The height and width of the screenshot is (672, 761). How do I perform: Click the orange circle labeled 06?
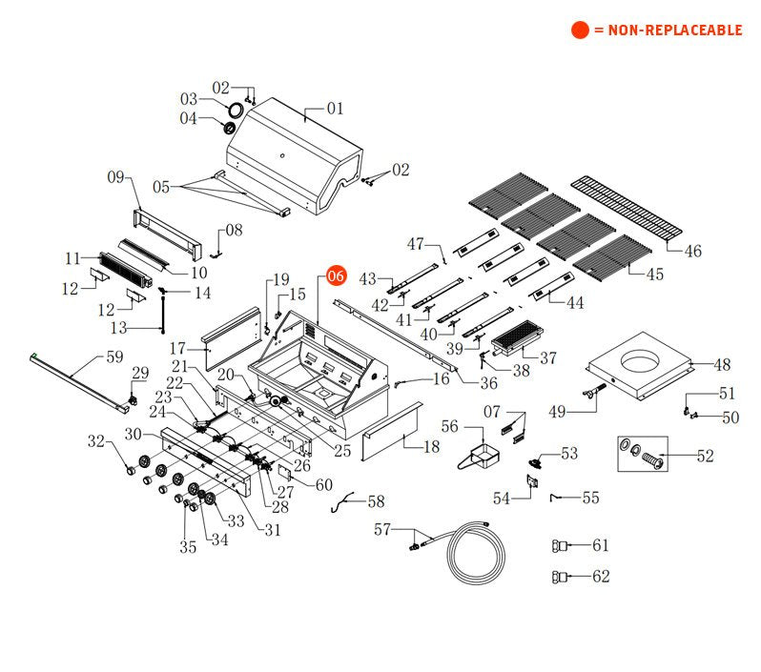coord(334,275)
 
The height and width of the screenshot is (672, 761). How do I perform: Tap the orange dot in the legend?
coord(580,30)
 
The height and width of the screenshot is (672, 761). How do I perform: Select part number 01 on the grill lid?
coord(335,109)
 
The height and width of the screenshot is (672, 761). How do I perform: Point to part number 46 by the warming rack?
coord(692,252)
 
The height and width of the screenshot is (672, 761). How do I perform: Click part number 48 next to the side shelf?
coord(722,364)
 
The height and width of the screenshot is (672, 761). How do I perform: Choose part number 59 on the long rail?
coord(114,358)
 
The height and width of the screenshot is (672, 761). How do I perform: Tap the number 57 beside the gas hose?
coord(382,529)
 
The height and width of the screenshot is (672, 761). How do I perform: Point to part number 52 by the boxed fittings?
coord(704,457)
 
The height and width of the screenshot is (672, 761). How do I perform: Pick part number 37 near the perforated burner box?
coord(548,358)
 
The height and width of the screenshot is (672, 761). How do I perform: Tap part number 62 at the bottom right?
coord(600,576)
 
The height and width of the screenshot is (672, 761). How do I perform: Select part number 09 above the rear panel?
coord(116,176)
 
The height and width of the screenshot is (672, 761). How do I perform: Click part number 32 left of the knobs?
coord(95,440)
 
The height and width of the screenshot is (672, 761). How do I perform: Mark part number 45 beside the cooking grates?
coord(654,275)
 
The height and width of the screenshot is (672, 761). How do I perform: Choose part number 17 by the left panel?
coord(177,348)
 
